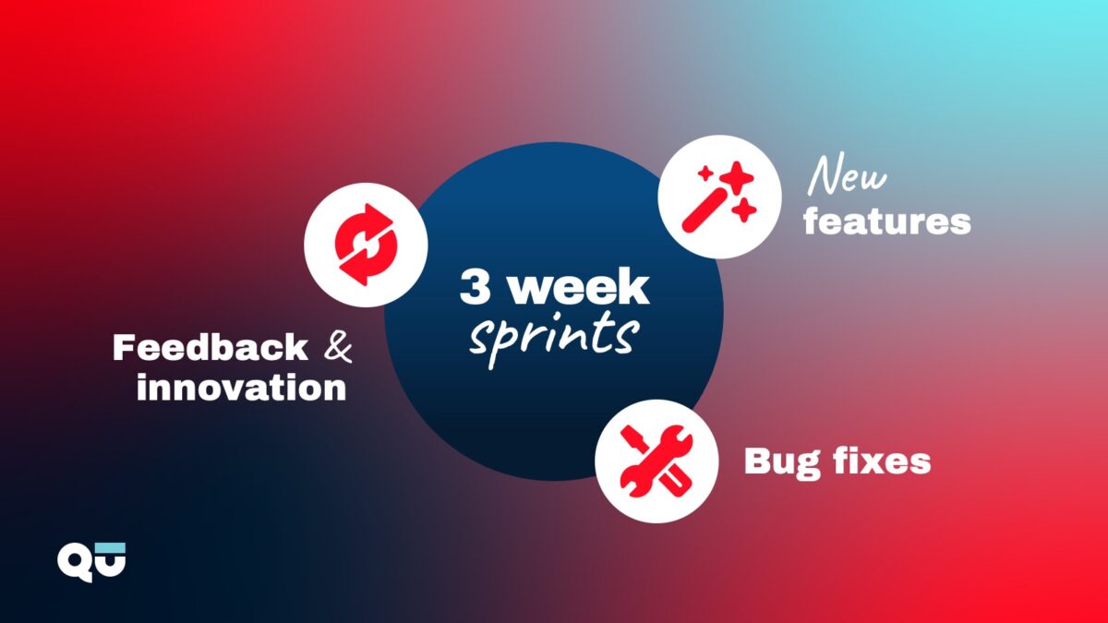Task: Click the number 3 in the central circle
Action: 475,287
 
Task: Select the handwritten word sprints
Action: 554,336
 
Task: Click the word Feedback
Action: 211,347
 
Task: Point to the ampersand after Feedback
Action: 338,347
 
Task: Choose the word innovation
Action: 241,387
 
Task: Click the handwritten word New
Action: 847,177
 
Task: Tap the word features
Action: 887,222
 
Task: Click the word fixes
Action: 882,461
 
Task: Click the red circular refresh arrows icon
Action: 366,245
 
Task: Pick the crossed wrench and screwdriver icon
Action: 656,461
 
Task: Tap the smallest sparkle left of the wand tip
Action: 705,174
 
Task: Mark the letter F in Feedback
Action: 123,347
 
